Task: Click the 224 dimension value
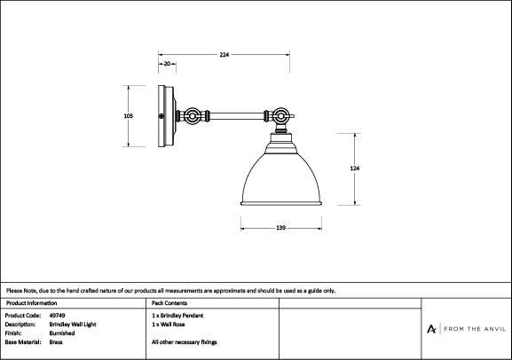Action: coord(224,55)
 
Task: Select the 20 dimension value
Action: coord(167,64)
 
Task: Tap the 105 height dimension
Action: coord(129,116)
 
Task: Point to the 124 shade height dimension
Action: coord(355,168)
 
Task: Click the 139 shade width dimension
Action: coord(280,228)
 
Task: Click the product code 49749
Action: coord(57,316)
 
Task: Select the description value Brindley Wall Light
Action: coord(73,325)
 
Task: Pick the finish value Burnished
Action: coord(62,333)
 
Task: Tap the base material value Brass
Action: coord(56,342)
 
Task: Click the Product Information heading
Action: coord(31,303)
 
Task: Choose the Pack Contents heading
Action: coord(169,303)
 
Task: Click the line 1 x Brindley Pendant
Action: coord(177,316)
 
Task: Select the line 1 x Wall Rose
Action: coord(169,325)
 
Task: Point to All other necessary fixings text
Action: coord(185,342)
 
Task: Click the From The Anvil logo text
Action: coord(475,329)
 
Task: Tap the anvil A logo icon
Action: coord(431,329)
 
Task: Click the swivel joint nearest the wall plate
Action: coord(192,116)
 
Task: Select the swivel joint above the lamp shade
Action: coord(280,116)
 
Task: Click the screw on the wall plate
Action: coord(161,116)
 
